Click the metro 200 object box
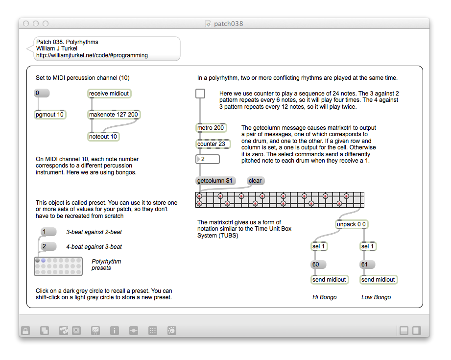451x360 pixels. point(212,128)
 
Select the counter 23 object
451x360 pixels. point(213,144)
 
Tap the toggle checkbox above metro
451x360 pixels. point(200,94)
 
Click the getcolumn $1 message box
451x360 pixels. point(215,181)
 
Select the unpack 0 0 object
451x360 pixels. point(352,224)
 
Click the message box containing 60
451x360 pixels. point(319,264)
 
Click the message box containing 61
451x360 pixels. point(368,264)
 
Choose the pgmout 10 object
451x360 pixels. point(50,115)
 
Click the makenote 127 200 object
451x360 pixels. point(114,115)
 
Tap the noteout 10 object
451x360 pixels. point(103,136)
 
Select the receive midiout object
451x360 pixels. point(109,94)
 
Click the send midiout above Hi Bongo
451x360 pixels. point(330,280)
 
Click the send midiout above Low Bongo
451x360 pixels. point(379,280)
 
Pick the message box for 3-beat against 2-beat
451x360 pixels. point(48,232)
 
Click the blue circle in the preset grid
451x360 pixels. point(44,261)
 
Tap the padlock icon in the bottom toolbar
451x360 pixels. point(25,331)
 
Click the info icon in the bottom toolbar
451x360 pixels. point(115,331)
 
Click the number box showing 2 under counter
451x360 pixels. point(208,159)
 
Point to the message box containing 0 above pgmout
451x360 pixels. point(42,93)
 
